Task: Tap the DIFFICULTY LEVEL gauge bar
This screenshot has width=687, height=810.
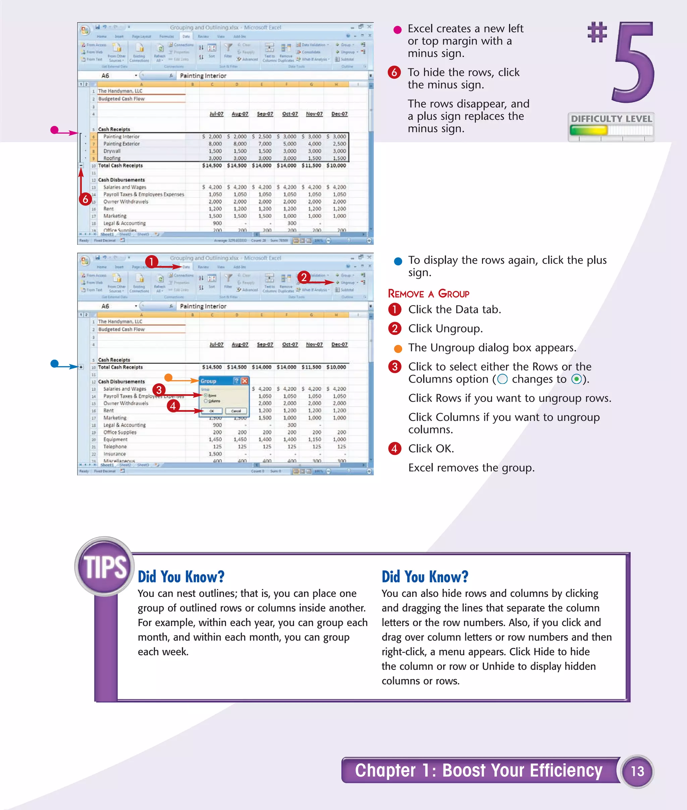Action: click(x=611, y=130)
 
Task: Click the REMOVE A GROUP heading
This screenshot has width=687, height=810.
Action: click(x=428, y=294)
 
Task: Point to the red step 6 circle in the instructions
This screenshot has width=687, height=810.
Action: click(x=394, y=72)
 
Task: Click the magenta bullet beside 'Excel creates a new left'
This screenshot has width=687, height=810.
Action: click(x=397, y=30)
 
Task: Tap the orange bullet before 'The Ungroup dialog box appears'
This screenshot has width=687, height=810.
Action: click(x=398, y=348)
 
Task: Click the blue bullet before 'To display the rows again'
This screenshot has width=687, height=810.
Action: click(x=398, y=261)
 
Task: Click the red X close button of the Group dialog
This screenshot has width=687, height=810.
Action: click(x=245, y=381)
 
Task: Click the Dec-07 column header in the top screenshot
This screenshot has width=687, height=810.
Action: click(x=339, y=114)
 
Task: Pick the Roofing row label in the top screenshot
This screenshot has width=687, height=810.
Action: click(x=112, y=158)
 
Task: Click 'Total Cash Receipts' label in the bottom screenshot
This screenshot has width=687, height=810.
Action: click(x=120, y=367)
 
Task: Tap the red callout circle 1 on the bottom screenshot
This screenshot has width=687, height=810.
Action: click(x=152, y=261)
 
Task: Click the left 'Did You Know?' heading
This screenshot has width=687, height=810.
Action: click(x=181, y=576)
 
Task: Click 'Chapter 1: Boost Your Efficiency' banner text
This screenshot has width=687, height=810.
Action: click(x=478, y=770)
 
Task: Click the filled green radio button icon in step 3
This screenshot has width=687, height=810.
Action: click(x=576, y=379)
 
